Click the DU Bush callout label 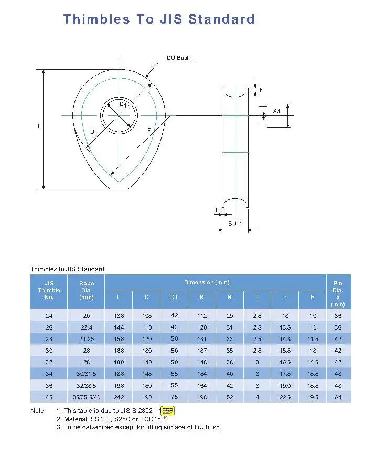coord(178,58)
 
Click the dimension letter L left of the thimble coord(39,127)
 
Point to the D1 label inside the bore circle coord(123,104)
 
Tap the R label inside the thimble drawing coord(149,130)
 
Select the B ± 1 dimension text coord(234,224)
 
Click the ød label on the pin coord(276,111)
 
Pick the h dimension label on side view coord(261,91)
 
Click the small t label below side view coord(216,210)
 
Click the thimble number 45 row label coord(49,397)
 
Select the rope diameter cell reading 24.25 coord(86,339)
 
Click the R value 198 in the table coord(202,397)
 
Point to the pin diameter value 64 coord(338,397)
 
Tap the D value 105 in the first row coord(146,316)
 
